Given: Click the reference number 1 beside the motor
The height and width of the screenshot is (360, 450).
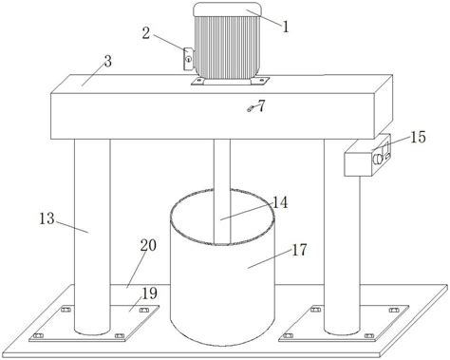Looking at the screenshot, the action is tap(286, 27).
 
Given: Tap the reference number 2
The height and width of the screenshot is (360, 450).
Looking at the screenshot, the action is tap(145, 33).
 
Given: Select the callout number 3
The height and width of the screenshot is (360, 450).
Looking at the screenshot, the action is tap(108, 62).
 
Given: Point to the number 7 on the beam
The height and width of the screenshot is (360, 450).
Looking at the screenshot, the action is tap(261, 106).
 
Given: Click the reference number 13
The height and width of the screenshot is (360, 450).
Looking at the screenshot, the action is tap(47, 218).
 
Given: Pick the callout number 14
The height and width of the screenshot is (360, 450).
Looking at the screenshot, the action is tap(280, 202).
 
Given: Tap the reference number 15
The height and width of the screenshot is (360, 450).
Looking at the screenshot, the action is tap(418, 137).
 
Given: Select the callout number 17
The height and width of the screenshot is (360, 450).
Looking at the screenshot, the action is tap(299, 250).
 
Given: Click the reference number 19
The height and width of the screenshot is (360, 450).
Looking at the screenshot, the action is tap(149, 294).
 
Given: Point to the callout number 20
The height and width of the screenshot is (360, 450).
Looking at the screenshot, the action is tap(148, 245).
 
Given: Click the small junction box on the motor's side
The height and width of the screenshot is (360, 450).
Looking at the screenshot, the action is tap(189, 59).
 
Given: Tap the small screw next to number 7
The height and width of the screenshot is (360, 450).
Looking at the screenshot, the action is tap(250, 109).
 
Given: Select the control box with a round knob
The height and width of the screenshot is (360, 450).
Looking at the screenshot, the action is tap(367, 155).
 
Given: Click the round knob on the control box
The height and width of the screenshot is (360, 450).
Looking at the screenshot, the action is tap(377, 159).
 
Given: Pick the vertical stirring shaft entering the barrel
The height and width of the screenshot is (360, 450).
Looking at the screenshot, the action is tap(222, 192).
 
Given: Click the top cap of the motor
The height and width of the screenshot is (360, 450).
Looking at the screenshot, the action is tap(227, 9).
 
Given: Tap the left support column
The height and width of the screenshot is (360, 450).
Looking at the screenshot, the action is tap(92, 237).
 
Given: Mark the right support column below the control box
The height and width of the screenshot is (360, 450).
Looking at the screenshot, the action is tap(342, 255).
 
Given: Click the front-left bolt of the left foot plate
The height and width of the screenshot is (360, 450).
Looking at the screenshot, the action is tap(38, 335).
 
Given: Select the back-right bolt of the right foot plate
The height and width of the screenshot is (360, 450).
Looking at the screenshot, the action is tap(394, 310).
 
